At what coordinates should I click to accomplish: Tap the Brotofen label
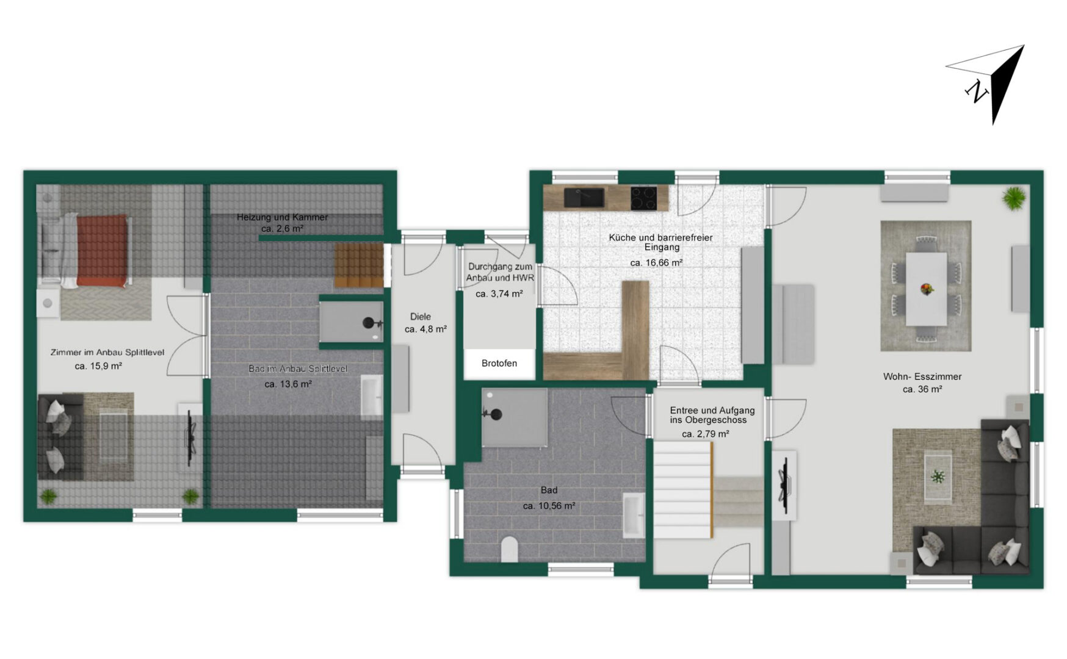click(499, 363)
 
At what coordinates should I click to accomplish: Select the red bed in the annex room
click(103, 250)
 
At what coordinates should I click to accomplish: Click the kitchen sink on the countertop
click(584, 198)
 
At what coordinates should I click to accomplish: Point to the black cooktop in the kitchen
click(643, 198)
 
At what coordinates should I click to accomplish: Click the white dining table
click(926, 289)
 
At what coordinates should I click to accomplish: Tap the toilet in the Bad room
click(510, 549)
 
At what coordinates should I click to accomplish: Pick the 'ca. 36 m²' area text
click(922, 389)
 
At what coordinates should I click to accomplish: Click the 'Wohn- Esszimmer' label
click(922, 376)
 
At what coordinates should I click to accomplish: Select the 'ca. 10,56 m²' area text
click(549, 506)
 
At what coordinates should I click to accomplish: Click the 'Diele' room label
click(421, 317)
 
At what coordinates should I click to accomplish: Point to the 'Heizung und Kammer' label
click(282, 217)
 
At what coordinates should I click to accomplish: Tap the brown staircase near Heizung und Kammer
click(359, 265)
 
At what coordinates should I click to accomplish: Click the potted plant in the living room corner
click(1014, 198)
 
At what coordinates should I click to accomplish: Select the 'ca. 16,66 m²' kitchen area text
click(656, 263)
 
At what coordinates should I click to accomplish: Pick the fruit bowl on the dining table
click(927, 289)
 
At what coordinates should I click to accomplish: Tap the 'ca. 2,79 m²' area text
click(706, 434)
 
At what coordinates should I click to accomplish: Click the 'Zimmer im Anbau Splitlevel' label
click(107, 353)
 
